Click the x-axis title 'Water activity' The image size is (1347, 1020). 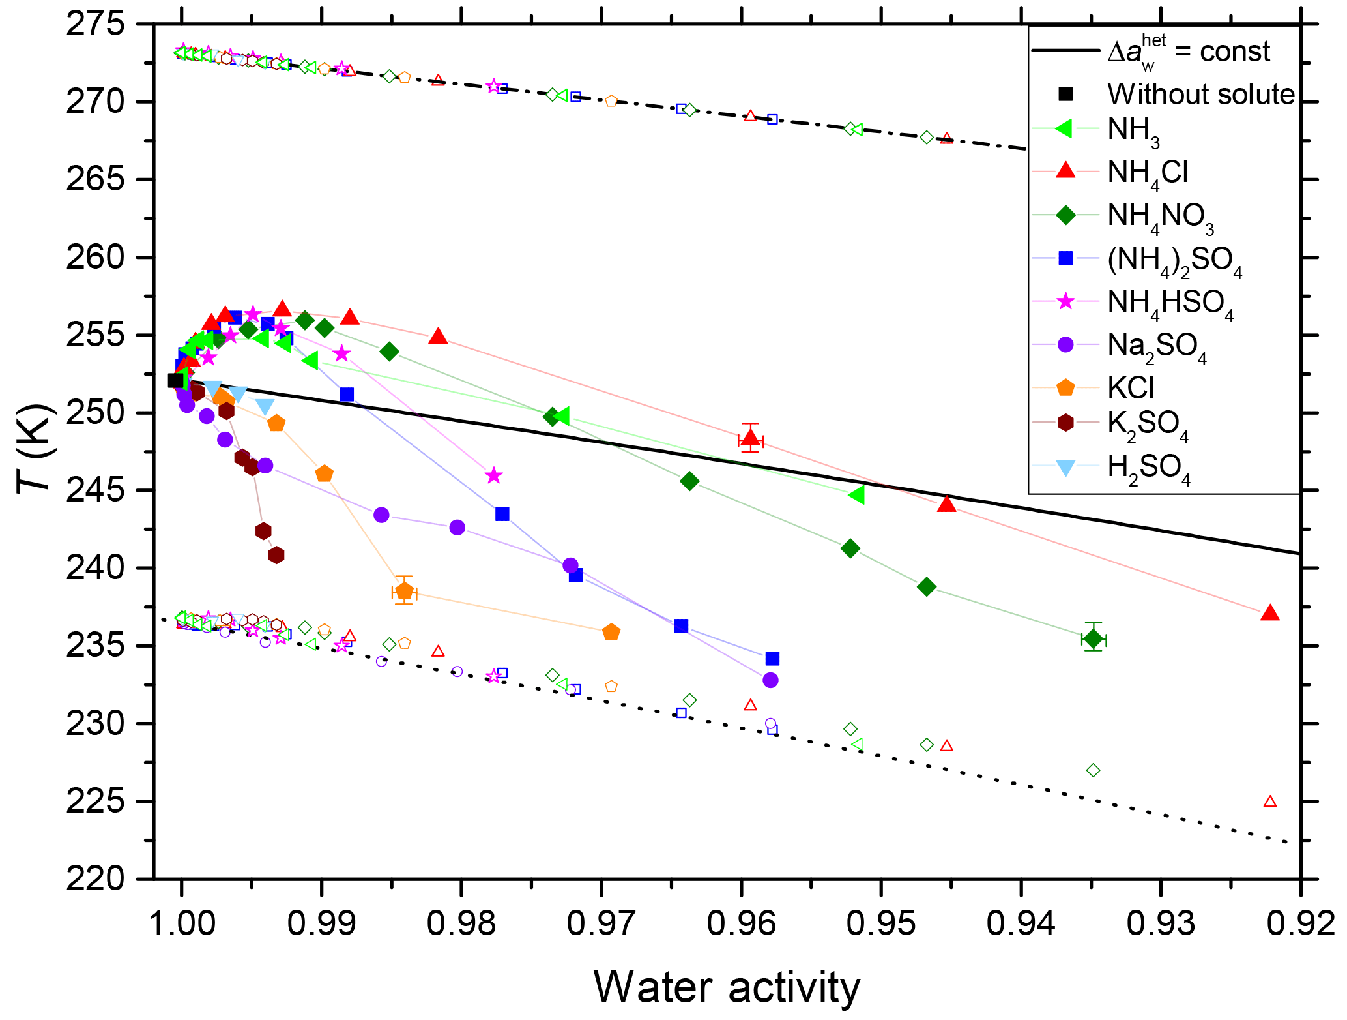coord(727,987)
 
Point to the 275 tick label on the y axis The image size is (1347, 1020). coord(96,25)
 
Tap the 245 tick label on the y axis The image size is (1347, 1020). coord(96,490)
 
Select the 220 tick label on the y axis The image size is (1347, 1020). coord(96,878)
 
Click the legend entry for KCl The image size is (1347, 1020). coord(1131,387)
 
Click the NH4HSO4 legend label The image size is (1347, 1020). coord(1170,304)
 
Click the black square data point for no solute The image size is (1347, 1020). coord(175,380)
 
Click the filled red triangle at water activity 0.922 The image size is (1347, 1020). coord(1269,613)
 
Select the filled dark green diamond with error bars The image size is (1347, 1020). coord(1094,639)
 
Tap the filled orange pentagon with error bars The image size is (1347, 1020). coord(404,591)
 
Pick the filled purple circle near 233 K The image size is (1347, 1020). coord(770,680)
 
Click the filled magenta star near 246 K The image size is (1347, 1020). coord(494,475)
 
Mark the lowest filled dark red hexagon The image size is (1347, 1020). coord(276,555)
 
